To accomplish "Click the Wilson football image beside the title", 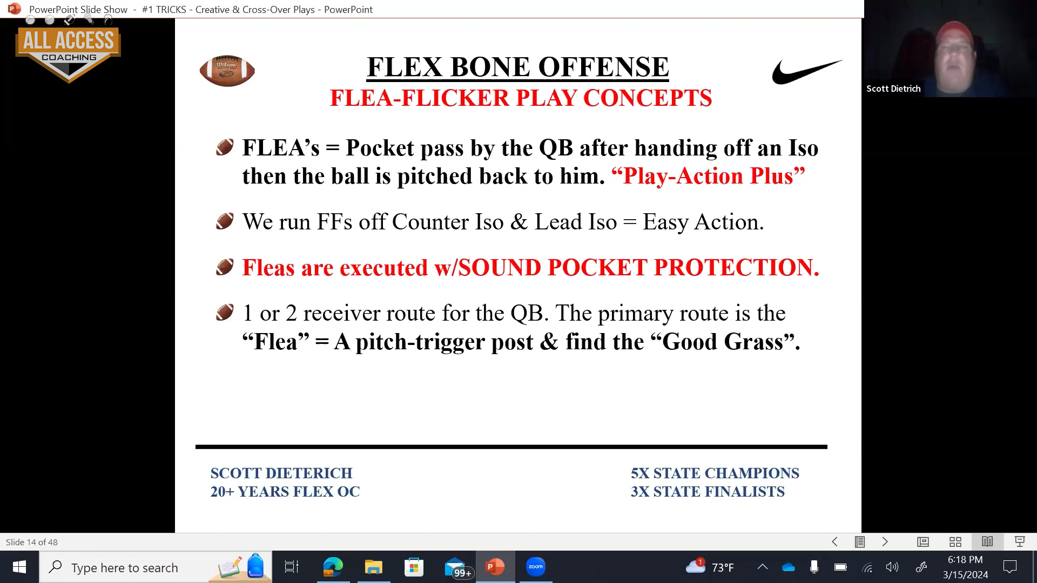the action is pos(227,71).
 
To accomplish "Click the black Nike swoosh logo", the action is pos(806,72).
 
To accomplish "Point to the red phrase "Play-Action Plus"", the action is pos(708,176).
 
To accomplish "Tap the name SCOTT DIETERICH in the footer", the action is pos(281,473).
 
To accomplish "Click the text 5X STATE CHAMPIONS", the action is pos(715,473).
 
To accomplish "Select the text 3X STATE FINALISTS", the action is pos(708,492).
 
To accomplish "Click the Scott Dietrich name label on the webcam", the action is pos(893,89).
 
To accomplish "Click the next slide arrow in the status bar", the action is pos(885,541).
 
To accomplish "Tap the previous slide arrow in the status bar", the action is pos(834,541).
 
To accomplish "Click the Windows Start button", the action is pos(19,567).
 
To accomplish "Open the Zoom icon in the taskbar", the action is pos(535,567).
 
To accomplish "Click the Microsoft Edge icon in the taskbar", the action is pos(333,567).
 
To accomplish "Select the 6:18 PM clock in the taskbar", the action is pos(965,560).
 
